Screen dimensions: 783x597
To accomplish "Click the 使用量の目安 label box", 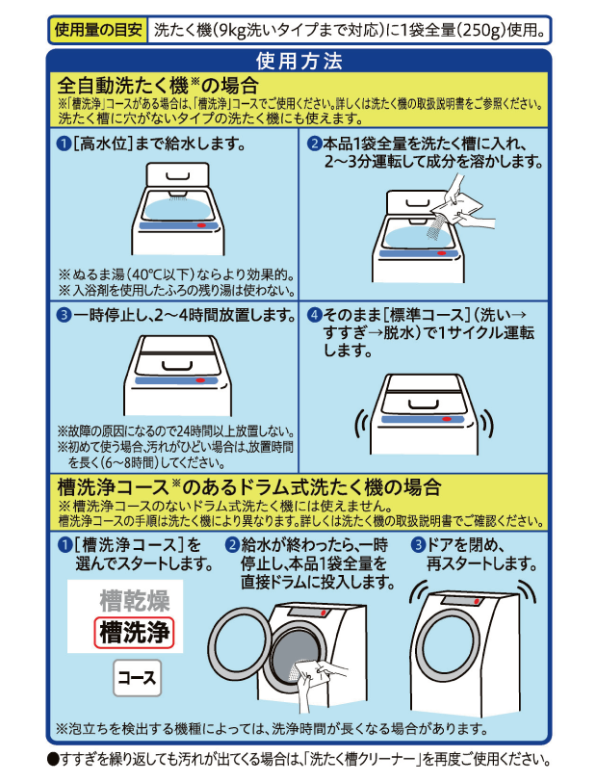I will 99,29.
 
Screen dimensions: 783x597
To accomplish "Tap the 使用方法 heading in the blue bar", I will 299,63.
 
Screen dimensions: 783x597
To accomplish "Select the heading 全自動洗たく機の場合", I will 158,85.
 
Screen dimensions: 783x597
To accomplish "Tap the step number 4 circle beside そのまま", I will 314,315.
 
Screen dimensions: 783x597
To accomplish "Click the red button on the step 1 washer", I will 199,223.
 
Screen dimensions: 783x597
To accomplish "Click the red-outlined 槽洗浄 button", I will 135,633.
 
